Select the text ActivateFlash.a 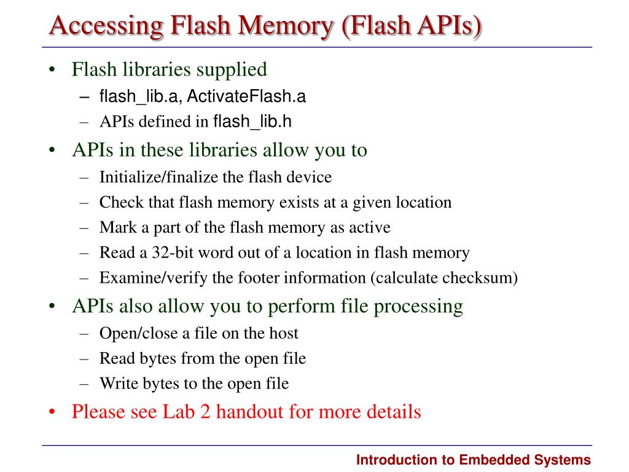pyautogui.click(x=247, y=96)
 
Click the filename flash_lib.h pyautogui.click(x=252, y=122)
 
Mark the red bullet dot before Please pyautogui.click(x=53, y=412)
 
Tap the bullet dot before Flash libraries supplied pyautogui.click(x=53, y=70)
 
